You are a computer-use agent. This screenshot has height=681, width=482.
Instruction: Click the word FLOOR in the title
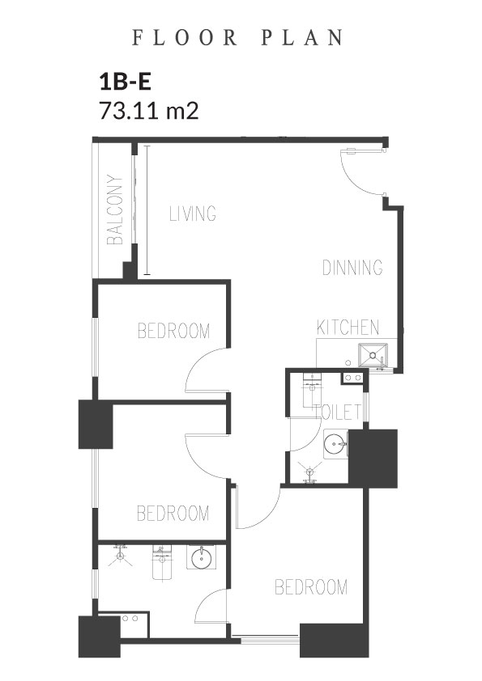click(x=185, y=37)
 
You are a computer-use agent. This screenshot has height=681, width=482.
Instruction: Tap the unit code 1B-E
click(x=126, y=82)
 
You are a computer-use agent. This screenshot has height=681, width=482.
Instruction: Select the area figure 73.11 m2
click(x=149, y=110)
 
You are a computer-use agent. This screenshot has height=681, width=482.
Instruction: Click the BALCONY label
click(x=115, y=209)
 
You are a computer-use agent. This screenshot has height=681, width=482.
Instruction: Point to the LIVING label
click(x=193, y=214)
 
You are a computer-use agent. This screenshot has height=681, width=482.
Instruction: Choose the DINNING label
click(x=352, y=267)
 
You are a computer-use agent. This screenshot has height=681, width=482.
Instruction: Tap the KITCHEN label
click(x=348, y=328)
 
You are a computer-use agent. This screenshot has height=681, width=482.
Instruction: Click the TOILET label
click(x=338, y=412)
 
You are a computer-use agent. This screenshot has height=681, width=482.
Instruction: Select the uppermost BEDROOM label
click(x=173, y=331)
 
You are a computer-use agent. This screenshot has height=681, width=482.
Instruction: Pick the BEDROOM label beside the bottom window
click(x=311, y=587)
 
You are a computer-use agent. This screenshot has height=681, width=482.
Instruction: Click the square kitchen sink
click(x=373, y=355)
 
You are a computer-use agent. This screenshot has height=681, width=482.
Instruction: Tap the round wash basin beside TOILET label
click(x=335, y=444)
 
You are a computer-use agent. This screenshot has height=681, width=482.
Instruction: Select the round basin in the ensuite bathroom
click(x=201, y=558)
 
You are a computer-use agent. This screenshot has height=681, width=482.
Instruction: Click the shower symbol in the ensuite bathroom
click(x=120, y=555)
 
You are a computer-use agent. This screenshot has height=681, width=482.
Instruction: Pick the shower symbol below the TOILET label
click(x=309, y=472)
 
